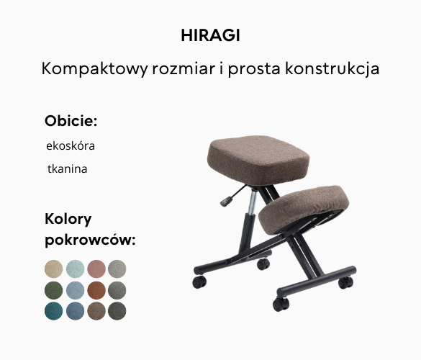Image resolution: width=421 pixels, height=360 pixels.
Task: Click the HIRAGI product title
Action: (x=210, y=35)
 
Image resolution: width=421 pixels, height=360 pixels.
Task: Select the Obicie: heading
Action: (x=71, y=120)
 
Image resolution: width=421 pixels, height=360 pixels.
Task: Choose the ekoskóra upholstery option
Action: (x=71, y=145)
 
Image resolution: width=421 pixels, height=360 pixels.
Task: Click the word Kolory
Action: (x=68, y=219)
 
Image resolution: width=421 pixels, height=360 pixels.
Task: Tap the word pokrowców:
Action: (x=90, y=240)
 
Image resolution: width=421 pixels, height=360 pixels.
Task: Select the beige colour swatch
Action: (x=54, y=269)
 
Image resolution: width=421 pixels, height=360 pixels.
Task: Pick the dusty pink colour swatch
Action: (x=96, y=269)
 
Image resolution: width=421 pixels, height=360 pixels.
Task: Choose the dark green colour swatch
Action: (x=54, y=290)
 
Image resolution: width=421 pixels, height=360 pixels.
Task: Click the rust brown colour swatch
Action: (x=96, y=290)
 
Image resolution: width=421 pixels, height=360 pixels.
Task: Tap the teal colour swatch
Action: (x=54, y=311)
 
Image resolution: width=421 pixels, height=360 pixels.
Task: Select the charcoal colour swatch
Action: (x=117, y=311)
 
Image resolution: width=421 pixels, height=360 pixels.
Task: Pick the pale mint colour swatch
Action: (x=75, y=269)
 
